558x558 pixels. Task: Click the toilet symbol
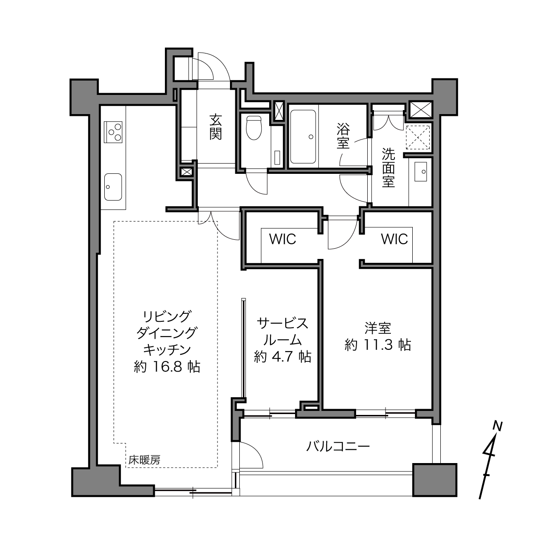coord(254,128)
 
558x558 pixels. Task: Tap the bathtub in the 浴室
coord(303,137)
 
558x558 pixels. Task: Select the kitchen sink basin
coord(113,187)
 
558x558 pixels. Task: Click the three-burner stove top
coord(113,132)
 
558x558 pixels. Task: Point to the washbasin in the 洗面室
coord(420,172)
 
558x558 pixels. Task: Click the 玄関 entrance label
coord(216,127)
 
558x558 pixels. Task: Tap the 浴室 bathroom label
coord(343,135)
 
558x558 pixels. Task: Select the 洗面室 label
coord(388,168)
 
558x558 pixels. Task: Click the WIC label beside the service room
coord(282,239)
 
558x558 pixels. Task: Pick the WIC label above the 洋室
coord(394,239)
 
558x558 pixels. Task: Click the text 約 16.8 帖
coord(167,367)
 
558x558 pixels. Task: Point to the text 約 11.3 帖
coord(378,345)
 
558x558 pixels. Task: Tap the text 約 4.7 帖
coord(283,357)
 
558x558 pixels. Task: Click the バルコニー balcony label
coord(338,446)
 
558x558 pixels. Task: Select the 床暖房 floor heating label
coord(144,460)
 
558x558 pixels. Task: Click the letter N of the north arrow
coord(498,426)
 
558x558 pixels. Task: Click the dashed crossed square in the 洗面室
coord(418,137)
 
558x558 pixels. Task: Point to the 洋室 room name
coord(378,328)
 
